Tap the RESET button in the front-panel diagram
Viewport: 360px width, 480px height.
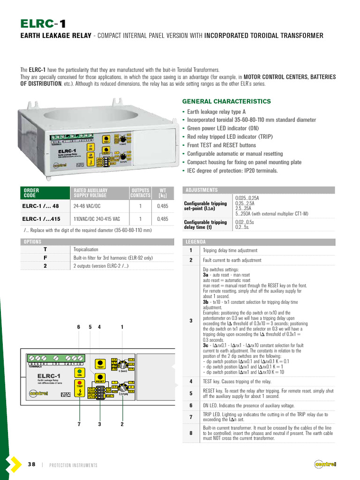[x=100, y=382]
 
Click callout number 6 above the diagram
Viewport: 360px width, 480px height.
[x=79, y=327]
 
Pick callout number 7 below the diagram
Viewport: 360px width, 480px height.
[x=80, y=424]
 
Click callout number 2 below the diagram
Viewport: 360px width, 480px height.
[x=122, y=424]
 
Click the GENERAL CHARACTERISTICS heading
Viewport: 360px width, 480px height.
[x=226, y=101]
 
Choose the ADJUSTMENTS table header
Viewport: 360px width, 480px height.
[x=202, y=190]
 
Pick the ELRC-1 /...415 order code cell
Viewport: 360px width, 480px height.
[x=41, y=218]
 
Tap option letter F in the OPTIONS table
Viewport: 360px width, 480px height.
[x=45, y=258]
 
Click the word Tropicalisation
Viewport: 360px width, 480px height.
[x=86, y=249]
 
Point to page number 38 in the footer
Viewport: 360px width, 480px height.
[x=31, y=465]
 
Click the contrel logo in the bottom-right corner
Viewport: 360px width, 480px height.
[x=325, y=465]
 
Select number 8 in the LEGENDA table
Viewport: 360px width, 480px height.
[x=191, y=433]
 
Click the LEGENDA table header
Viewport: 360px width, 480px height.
[x=196, y=242]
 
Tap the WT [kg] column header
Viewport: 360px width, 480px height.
[x=163, y=193]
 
